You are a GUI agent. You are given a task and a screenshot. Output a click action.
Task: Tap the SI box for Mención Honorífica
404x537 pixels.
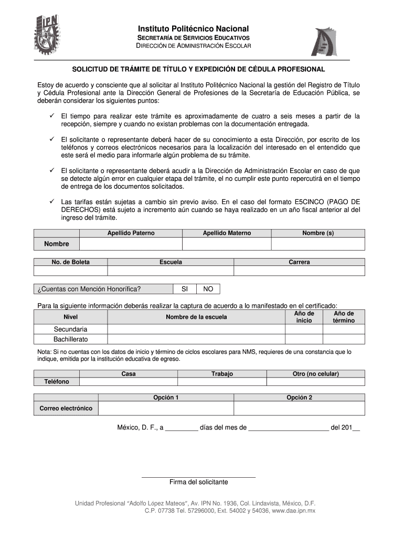tap(185, 289)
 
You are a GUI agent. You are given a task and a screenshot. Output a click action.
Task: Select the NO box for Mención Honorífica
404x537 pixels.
tap(208, 289)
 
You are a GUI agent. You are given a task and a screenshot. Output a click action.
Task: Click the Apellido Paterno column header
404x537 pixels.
tap(131, 233)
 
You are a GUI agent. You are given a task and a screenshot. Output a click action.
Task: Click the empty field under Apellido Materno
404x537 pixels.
tap(227, 244)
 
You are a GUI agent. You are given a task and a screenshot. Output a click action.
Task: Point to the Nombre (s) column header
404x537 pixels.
tap(318, 233)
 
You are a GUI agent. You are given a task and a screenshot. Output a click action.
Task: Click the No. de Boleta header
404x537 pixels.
tap(70, 262)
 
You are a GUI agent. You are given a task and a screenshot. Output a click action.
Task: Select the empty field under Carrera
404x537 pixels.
tap(299, 271)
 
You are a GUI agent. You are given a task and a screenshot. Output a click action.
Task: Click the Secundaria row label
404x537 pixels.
tap(70, 329)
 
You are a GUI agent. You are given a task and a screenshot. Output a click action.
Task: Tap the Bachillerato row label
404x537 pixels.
tap(70, 339)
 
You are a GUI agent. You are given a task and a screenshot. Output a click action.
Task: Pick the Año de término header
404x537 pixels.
tap(344, 317)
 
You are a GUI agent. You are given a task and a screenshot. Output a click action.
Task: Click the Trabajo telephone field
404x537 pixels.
tap(222, 382)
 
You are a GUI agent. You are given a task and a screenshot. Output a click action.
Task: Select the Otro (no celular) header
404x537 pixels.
tap(315, 374)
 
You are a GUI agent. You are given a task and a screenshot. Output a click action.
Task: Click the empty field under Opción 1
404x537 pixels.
tap(166, 409)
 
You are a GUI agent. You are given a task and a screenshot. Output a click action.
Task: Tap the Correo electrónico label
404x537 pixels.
tap(66, 409)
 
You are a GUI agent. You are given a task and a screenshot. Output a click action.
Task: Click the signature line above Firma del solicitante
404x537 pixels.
tap(198, 477)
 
